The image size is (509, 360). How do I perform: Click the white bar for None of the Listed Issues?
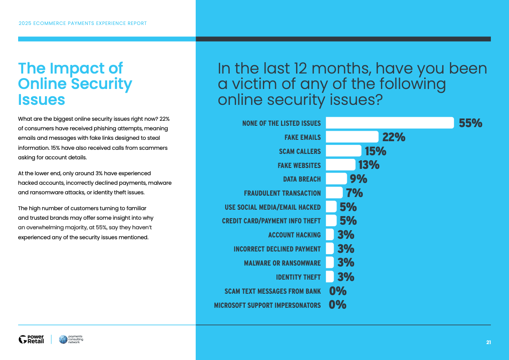click(x=390, y=123)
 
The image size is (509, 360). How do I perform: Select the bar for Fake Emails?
click(x=352, y=137)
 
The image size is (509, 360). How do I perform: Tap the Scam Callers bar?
click(x=344, y=151)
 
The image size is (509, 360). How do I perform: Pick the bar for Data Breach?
click(x=336, y=179)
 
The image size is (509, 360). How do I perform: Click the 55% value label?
click(x=470, y=123)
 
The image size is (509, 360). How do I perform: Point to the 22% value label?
click(x=394, y=137)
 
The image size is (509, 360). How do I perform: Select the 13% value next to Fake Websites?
click(x=369, y=165)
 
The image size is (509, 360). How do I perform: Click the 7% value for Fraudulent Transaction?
click(x=355, y=193)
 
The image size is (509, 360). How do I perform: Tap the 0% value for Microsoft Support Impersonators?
click(x=338, y=305)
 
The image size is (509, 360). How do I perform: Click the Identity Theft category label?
click(x=298, y=277)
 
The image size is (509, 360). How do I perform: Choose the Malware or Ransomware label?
click(x=282, y=263)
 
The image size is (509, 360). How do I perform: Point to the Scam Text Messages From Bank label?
click(x=272, y=291)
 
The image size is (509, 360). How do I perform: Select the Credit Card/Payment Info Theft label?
click(x=271, y=221)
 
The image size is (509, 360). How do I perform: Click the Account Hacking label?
click(x=294, y=235)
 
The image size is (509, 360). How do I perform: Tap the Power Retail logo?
click(x=31, y=339)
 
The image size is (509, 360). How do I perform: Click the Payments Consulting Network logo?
click(x=71, y=339)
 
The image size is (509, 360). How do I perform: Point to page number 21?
click(x=489, y=342)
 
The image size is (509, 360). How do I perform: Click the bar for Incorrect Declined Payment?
click(x=331, y=249)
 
